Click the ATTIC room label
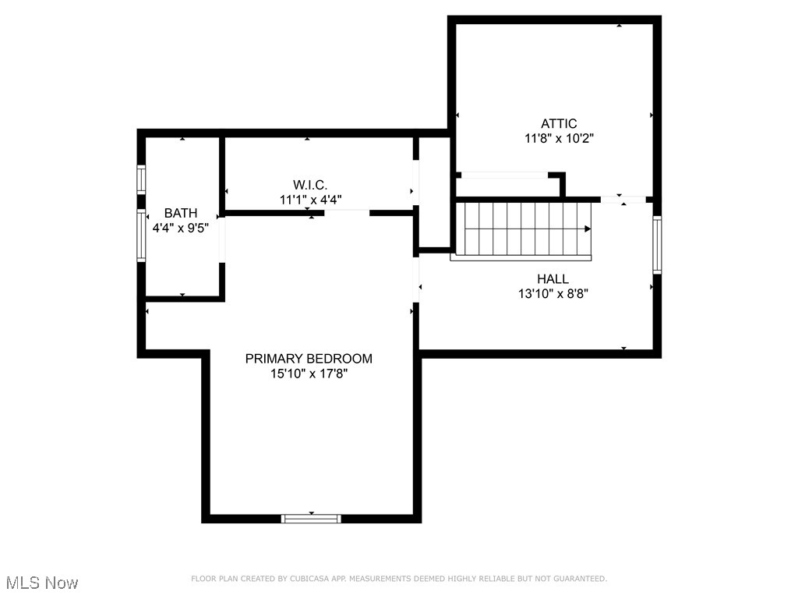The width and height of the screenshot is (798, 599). pyautogui.click(x=559, y=123)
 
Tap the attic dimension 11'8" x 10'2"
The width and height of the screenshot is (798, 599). pyautogui.click(x=559, y=139)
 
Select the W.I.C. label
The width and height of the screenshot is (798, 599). pyautogui.click(x=311, y=185)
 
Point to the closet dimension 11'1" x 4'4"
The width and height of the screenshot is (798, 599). pyautogui.click(x=311, y=200)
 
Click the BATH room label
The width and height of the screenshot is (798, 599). pyautogui.click(x=180, y=213)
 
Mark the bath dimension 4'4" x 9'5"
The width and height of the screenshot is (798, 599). pyautogui.click(x=180, y=229)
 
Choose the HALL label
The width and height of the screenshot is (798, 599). pyautogui.click(x=553, y=278)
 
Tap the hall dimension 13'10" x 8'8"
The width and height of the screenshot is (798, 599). pyautogui.click(x=553, y=294)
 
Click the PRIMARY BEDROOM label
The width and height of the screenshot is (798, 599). pyautogui.click(x=309, y=359)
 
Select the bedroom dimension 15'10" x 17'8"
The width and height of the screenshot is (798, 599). pyautogui.click(x=309, y=374)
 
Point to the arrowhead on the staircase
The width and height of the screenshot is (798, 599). pyautogui.click(x=588, y=229)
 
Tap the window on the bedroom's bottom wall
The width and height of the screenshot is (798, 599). pyautogui.click(x=311, y=518)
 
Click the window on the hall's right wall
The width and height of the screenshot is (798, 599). pyautogui.click(x=657, y=245)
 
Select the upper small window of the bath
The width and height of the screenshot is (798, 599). pyautogui.click(x=141, y=179)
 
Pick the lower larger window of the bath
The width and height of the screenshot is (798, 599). pyautogui.click(x=141, y=236)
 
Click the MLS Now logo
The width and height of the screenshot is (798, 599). pyautogui.click(x=42, y=583)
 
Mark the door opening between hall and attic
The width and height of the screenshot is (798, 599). pyautogui.click(x=623, y=200)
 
